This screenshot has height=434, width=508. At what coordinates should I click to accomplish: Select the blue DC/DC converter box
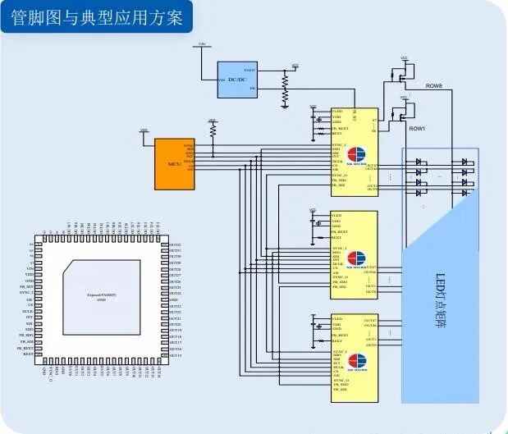coord(237,80)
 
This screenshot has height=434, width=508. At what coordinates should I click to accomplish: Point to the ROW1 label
coord(417,129)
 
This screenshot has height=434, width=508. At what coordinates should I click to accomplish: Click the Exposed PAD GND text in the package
coord(102,297)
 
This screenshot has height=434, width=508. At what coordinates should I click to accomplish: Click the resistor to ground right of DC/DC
coord(285,90)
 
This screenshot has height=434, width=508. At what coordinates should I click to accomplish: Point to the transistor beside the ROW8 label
coord(403,75)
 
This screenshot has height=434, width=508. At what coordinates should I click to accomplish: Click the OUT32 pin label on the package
coord(175,244)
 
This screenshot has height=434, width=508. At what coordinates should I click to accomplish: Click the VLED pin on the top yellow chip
coord(336,111)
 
